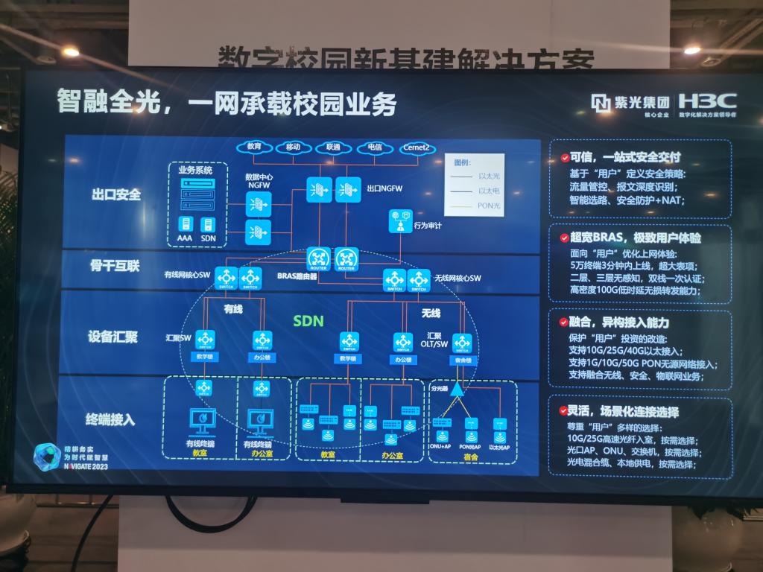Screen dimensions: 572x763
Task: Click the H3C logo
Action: tap(707, 101)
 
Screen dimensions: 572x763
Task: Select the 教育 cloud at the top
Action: tap(254, 147)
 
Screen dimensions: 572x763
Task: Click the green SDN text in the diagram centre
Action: tap(308, 321)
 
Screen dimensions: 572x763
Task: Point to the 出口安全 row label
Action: tap(116, 194)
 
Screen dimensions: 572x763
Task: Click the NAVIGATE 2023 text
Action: tap(71, 463)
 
